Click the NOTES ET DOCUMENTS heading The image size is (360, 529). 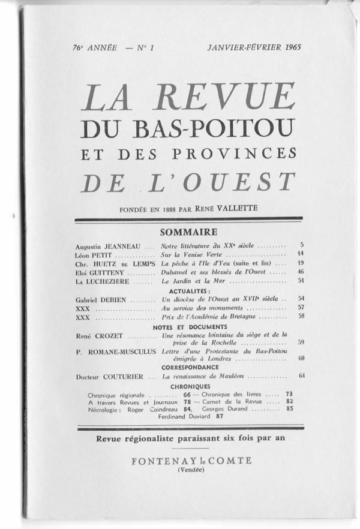point(189,326)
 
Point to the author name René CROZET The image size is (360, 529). point(97,335)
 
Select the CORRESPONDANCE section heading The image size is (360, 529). point(189,366)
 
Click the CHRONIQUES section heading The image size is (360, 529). point(189,386)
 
